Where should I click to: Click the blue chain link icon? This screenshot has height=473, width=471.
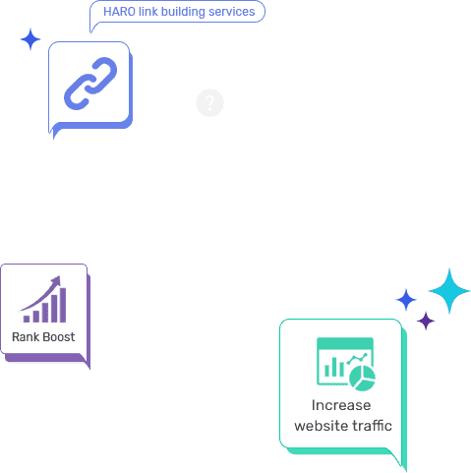tap(90, 84)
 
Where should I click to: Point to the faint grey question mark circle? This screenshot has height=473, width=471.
tap(209, 102)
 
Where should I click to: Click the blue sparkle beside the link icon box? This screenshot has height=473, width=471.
tap(30, 39)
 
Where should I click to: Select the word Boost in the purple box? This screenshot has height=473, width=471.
tap(59, 337)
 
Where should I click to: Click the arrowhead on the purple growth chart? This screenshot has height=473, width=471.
tap(56, 281)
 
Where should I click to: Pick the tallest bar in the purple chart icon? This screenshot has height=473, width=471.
tap(63, 305)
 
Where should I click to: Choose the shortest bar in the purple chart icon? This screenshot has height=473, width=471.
tap(27, 319)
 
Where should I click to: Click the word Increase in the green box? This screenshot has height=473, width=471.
tap(341, 405)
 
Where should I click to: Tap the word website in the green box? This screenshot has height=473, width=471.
tap(321, 426)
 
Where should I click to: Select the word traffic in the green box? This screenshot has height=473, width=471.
tap(372, 426)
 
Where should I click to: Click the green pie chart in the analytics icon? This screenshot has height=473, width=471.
tap(362, 379)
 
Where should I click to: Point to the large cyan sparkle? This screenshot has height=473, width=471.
tap(449, 291)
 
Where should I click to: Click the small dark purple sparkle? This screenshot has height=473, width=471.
tap(426, 321)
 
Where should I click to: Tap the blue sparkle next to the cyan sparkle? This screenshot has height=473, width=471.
tap(406, 300)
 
